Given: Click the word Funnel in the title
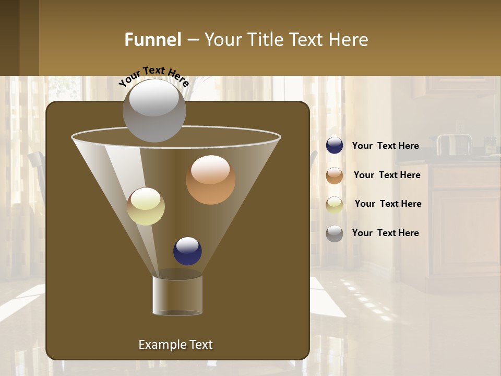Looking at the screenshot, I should tap(152, 40).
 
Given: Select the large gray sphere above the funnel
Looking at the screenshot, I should tap(154, 111).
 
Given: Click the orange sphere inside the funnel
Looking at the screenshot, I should tap(210, 180).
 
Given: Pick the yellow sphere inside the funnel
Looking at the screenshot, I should tap(146, 206).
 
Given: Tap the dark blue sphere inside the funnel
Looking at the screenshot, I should tap(187, 251).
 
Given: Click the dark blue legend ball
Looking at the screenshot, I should tap(335, 146).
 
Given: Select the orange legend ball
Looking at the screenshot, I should tap(335, 175).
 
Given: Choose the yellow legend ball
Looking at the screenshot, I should tap(335, 204).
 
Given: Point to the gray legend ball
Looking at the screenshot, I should tap(335, 233).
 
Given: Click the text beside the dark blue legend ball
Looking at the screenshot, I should tap(385, 146).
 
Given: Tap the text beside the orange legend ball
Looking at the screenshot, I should tap(387, 175).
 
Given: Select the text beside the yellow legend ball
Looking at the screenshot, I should tap(388, 204).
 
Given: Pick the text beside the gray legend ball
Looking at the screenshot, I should tap(385, 233).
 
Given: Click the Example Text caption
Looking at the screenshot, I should tap(175, 345).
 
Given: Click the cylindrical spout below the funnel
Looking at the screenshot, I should tap(177, 295).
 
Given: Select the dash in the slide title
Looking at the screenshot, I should tap(192, 40).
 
